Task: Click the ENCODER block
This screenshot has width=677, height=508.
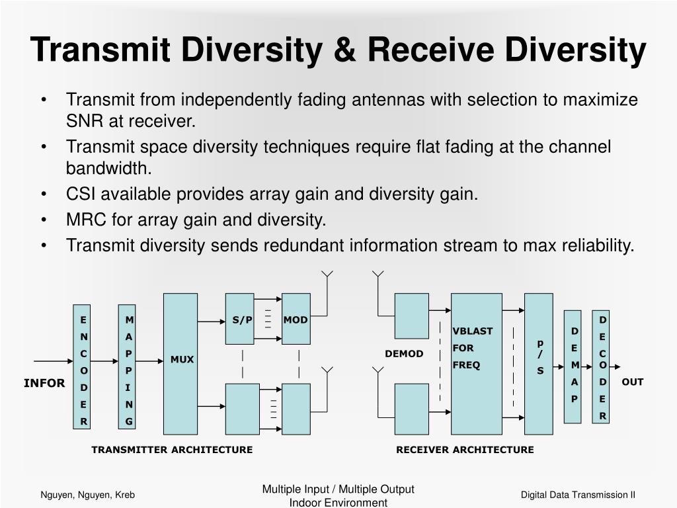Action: pos(82,367)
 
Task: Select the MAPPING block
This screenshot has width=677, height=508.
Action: pos(127,367)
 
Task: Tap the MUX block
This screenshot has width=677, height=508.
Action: pos(180,363)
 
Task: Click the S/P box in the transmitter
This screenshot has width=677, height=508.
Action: pos(239,319)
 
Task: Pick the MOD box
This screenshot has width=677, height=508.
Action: pos(296,319)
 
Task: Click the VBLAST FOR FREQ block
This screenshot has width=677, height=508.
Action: pos(476,363)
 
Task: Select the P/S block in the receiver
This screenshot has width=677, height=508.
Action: pos(539,363)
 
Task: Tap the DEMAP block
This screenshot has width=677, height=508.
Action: pos(573,366)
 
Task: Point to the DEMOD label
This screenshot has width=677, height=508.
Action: pos(404,354)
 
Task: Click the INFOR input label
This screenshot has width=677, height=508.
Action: pos(44,383)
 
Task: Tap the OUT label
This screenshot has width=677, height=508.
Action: pos(632,382)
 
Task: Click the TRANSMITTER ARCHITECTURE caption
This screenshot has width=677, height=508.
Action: pos(172,450)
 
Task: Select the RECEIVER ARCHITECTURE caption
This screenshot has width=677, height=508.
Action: pos(465,450)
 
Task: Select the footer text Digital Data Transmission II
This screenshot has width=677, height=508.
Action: pos(577,495)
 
